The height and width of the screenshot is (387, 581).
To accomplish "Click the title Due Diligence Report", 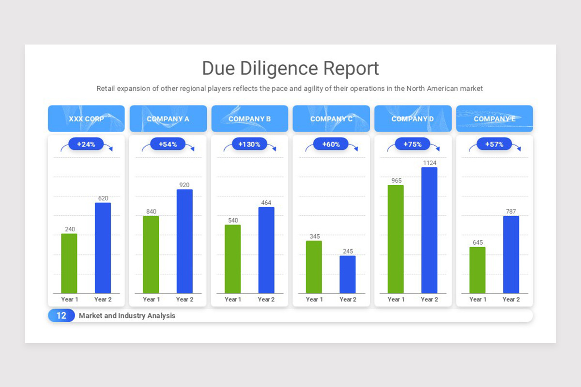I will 290,68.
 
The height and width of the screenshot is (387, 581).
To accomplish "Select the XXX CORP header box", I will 86,119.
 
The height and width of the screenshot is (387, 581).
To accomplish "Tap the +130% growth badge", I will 249,144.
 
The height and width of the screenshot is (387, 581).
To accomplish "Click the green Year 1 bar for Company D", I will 396,239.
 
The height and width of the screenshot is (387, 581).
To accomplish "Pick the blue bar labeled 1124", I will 429,230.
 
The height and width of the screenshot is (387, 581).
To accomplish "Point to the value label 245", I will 348,252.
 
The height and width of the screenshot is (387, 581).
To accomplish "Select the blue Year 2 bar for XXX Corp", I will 103,248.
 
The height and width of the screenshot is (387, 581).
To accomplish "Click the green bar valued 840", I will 151,254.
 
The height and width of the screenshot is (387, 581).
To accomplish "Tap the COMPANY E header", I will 494,119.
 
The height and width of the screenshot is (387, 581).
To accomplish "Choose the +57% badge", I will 494,144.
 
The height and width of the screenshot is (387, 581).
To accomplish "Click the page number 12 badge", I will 61,315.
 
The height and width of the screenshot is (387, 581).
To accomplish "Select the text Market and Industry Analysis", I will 127,315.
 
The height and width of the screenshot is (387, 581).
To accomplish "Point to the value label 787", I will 511,211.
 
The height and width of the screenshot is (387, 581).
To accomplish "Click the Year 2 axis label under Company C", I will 348,299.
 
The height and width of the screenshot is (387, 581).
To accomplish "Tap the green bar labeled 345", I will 314,267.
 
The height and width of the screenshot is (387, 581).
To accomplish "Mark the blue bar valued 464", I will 266,250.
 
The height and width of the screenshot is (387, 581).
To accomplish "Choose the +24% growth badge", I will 86,144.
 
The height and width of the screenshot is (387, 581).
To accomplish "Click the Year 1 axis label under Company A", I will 151,299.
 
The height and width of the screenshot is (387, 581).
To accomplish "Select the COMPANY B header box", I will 249,119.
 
